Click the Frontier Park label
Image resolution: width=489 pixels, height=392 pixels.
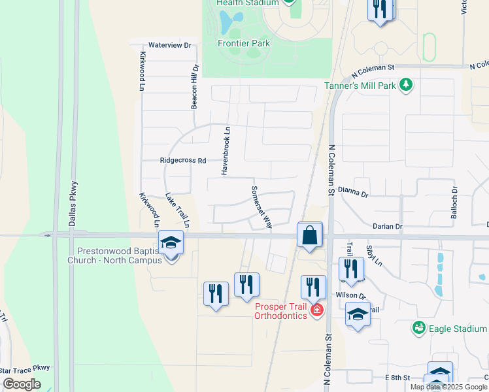[243, 44]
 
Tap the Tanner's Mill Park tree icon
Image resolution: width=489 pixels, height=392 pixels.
[406, 85]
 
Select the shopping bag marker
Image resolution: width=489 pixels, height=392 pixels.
[309, 235]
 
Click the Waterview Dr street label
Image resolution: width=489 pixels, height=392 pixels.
[169, 46]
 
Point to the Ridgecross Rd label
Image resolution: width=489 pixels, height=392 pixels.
[183, 160]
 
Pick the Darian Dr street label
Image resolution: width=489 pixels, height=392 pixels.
[387, 226]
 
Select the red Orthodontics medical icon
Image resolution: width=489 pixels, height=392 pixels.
[317, 309]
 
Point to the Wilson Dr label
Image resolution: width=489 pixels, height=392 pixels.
[348, 295]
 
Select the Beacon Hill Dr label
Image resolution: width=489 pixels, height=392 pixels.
[194, 88]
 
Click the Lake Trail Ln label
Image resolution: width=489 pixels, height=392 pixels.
[177, 210]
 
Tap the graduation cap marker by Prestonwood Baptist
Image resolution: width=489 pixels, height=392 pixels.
[171, 243]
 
